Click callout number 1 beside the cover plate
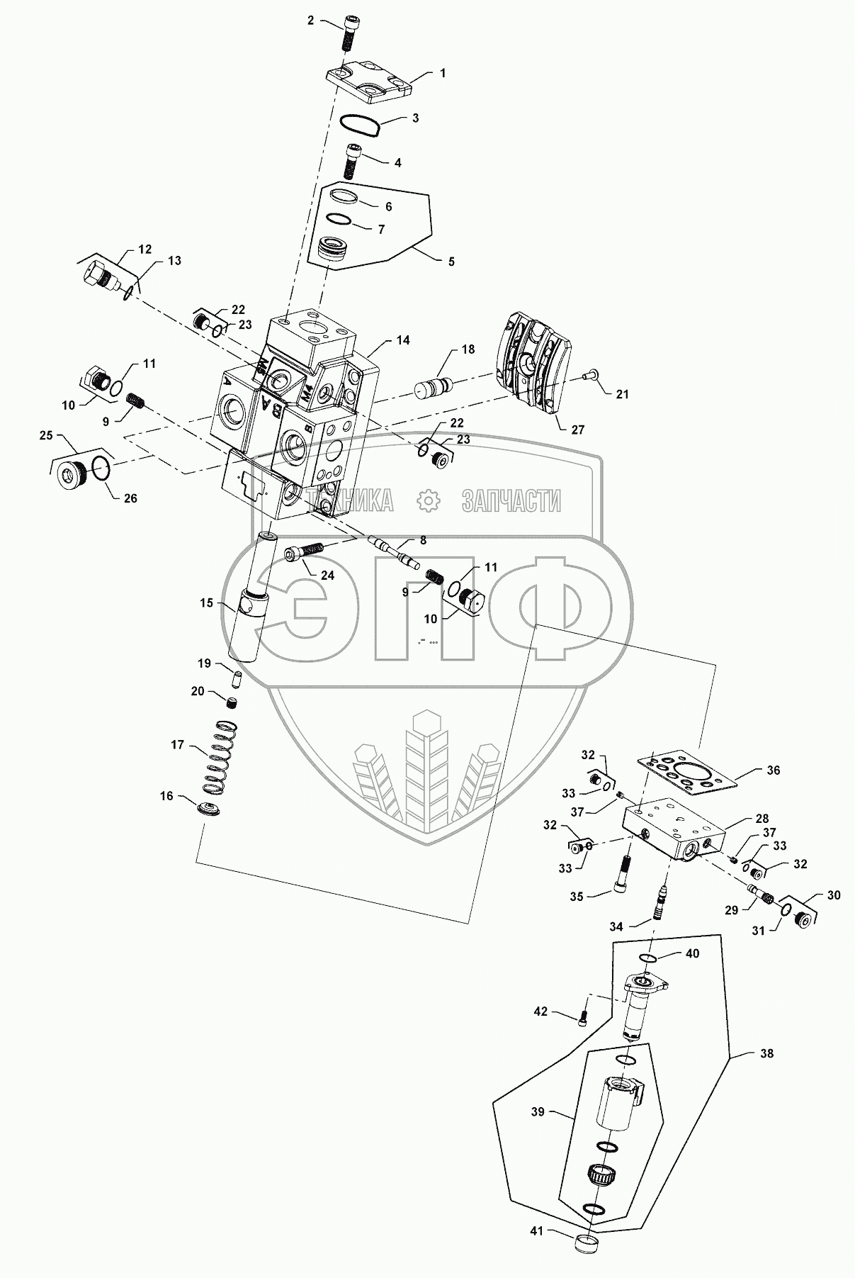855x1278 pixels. tap(443, 73)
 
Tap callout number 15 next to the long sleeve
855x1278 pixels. tap(206, 602)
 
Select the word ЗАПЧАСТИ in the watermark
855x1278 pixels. tap(511, 501)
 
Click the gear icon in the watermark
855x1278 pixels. tap(428, 501)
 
